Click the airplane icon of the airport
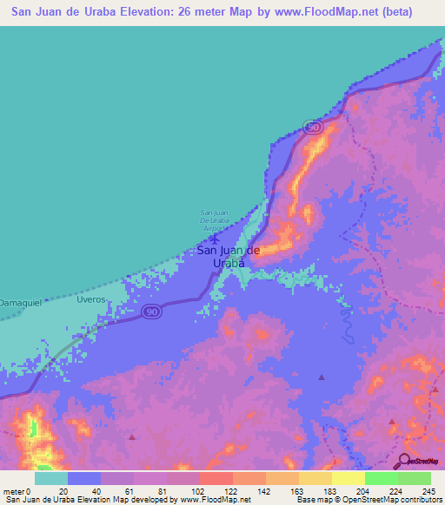click(215, 236)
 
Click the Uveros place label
click(90, 298)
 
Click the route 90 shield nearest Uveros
click(151, 312)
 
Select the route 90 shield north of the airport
click(314, 128)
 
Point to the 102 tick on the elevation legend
click(199, 490)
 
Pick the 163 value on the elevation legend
click(298, 490)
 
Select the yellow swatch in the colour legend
click(348, 478)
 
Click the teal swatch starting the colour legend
click(51, 478)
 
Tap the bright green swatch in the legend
click(381, 478)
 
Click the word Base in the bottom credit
click(304, 500)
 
